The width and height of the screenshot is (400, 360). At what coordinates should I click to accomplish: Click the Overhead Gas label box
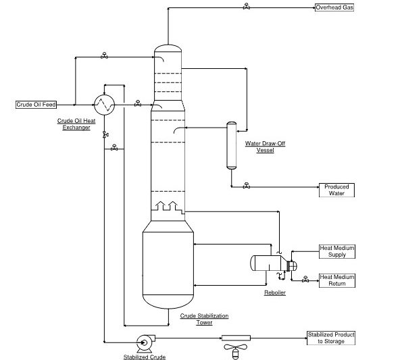click(334, 8)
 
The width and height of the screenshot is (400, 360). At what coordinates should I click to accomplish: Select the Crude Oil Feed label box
click(36, 105)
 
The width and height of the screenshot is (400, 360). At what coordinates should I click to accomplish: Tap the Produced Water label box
click(336, 190)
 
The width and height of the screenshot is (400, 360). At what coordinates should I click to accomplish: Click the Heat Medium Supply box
click(336, 251)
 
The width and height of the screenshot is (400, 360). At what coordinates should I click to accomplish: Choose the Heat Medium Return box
click(336, 280)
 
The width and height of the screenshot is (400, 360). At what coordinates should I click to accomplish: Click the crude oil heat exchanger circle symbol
click(104, 104)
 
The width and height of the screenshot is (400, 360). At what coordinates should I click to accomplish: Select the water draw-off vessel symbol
click(231, 145)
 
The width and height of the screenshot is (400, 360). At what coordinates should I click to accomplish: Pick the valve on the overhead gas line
click(246, 7)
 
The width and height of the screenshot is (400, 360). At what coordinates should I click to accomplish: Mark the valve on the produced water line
click(246, 186)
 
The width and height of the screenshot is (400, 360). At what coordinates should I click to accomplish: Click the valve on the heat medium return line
click(305, 278)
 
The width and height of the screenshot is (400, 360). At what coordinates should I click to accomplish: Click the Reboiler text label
click(274, 292)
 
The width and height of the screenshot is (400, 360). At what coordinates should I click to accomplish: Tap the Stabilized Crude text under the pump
click(144, 356)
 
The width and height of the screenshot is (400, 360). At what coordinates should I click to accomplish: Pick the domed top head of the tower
click(167, 48)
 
